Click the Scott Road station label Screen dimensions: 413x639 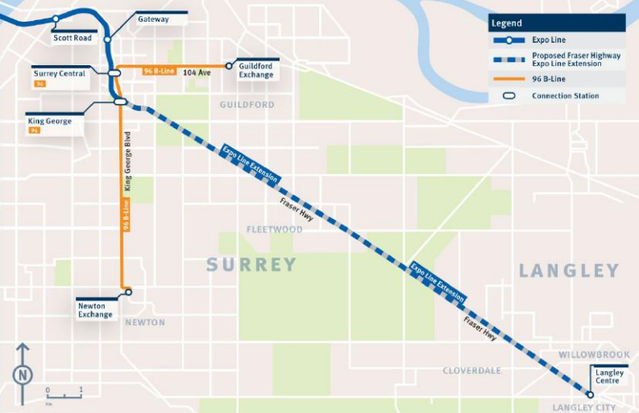click(x=73, y=38)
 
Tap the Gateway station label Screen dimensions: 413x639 click(x=153, y=19)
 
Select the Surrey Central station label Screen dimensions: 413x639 click(x=60, y=73)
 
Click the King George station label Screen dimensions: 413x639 click(x=50, y=121)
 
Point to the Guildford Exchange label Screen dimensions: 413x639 click(x=255, y=71)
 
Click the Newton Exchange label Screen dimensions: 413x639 click(x=95, y=310)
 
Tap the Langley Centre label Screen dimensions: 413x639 click(x=609, y=376)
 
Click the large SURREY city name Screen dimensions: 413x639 click(x=251, y=264)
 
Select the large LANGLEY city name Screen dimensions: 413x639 click(x=569, y=271)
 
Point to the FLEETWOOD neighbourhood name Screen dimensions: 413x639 click(x=275, y=229)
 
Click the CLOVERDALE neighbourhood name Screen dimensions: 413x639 click(x=471, y=370)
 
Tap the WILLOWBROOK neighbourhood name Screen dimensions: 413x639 click(x=593, y=354)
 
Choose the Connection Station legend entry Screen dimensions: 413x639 click(x=565, y=96)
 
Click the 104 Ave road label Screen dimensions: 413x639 click(x=197, y=72)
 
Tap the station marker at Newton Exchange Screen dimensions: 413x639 click(x=127, y=291)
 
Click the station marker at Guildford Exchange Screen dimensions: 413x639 click(x=229, y=66)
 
